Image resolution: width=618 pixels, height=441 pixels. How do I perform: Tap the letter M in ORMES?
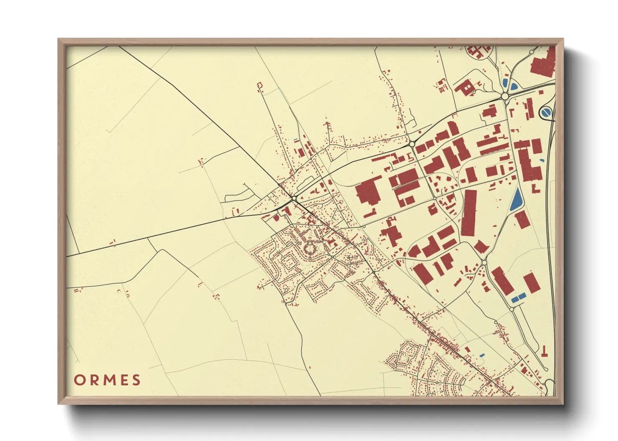coord(107,380)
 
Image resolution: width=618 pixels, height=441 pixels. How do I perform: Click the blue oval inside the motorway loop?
coord(546,112)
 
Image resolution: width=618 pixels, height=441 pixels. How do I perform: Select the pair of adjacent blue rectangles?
coord(519,298)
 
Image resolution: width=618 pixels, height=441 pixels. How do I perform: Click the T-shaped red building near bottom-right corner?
coord(545,351)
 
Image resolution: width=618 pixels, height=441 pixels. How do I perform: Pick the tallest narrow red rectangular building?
coord(469,213)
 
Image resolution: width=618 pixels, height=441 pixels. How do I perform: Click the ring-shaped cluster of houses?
coord(310,250)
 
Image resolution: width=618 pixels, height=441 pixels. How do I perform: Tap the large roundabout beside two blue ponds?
coord(505,96)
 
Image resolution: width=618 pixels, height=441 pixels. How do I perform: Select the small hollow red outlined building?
coord(260,86)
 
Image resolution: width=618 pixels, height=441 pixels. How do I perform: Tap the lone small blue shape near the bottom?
coord(482,355)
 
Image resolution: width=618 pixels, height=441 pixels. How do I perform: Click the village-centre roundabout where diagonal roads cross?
coord(294,198)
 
